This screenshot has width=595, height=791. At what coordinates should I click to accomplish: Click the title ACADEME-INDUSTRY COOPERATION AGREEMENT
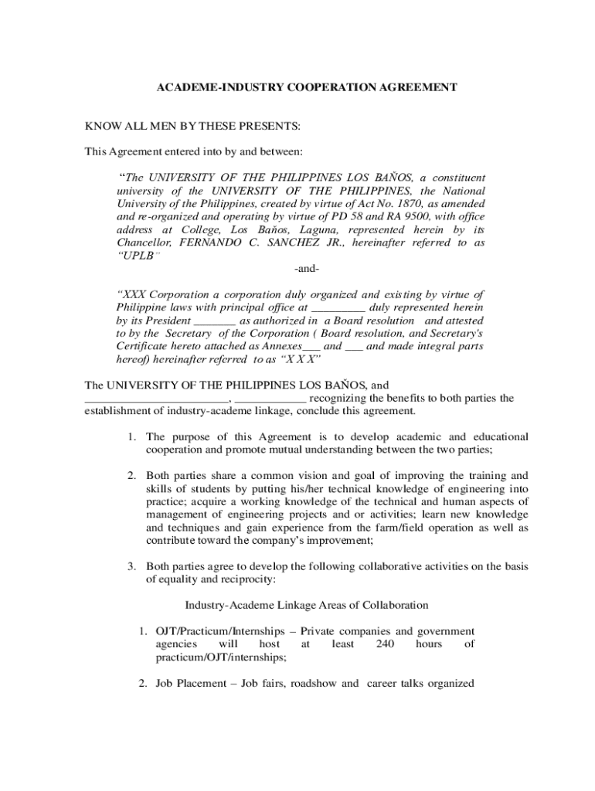coord(308,88)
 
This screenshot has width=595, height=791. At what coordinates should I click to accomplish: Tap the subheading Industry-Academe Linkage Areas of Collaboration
coord(307,605)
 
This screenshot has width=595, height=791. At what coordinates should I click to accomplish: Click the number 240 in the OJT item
coord(385,643)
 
